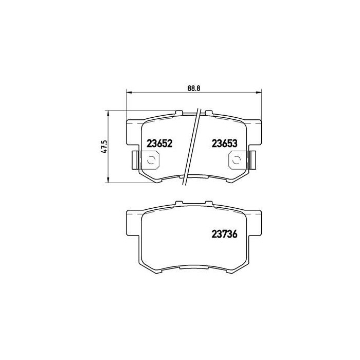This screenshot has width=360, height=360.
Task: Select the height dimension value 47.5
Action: click(104, 146)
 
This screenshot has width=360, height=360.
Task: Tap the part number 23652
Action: click(159, 144)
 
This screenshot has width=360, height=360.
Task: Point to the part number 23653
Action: click(224, 144)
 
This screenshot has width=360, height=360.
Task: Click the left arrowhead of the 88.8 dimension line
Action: click(129, 93)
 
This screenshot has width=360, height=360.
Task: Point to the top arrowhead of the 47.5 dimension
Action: click(107, 112)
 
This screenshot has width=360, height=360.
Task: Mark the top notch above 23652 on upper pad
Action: click(179, 112)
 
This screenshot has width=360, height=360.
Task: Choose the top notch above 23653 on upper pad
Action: click(208, 112)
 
